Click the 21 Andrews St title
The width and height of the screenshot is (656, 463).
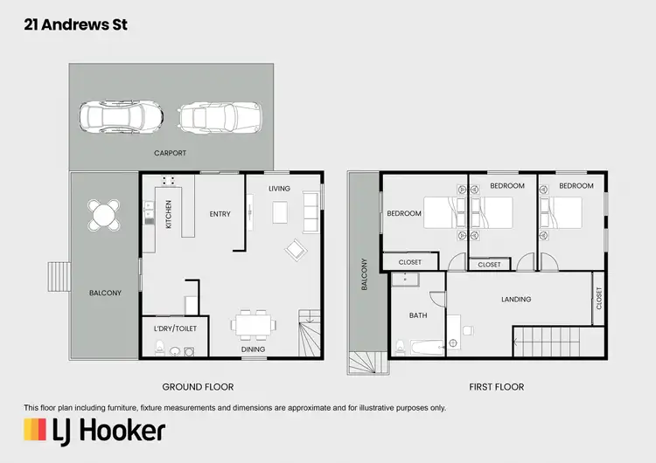[x=75, y=25]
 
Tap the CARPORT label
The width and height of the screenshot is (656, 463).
[x=171, y=153]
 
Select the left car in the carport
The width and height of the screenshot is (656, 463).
[x=121, y=115]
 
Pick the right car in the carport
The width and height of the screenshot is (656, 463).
[x=220, y=115]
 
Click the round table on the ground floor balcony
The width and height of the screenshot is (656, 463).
[x=104, y=214]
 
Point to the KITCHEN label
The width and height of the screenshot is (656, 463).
[x=170, y=213]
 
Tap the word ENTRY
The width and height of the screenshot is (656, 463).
[x=220, y=213]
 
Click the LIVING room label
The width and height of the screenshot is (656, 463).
[x=279, y=189]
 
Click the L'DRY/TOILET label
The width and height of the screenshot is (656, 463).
[x=175, y=328]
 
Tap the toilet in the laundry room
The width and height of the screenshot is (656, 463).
[x=159, y=349]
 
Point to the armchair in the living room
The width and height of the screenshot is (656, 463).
[x=296, y=251]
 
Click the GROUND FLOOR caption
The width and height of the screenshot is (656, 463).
[x=198, y=386]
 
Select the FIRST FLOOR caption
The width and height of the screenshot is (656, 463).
[x=496, y=386]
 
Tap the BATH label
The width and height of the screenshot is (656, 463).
[x=417, y=315]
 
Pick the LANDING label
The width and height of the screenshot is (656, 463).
[x=516, y=300]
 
